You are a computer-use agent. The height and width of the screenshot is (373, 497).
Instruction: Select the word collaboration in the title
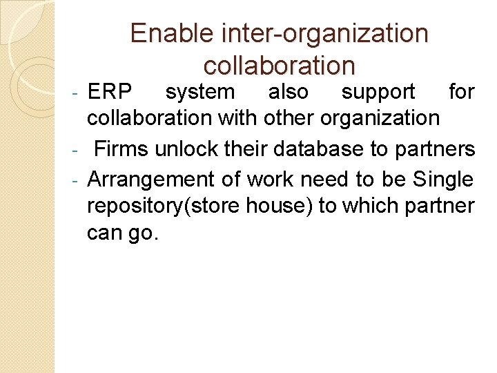pyautogui.click(x=280, y=66)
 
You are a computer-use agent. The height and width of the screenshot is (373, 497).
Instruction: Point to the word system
pyautogui.click(x=200, y=92)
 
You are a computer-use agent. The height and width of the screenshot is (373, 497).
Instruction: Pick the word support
pyautogui.click(x=378, y=92)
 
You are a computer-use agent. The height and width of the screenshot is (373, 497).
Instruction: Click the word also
pyautogui.click(x=288, y=92)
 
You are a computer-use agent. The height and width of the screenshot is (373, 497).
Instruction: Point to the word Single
pyautogui.click(x=443, y=179)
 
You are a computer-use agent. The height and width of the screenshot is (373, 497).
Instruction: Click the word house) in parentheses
pyautogui.click(x=280, y=207)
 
